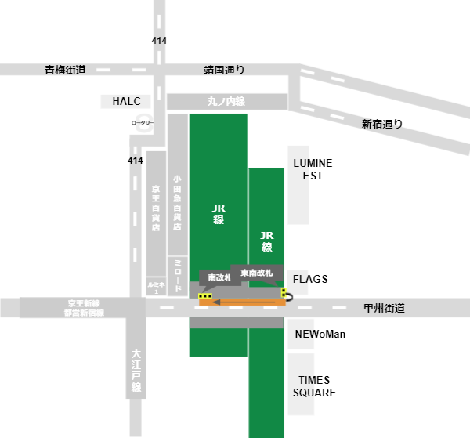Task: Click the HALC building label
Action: (119, 102)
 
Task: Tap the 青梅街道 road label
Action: (65, 70)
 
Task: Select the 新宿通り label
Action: (381, 123)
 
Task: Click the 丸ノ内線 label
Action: (226, 102)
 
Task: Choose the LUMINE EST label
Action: (313, 169)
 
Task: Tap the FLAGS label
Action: (310, 279)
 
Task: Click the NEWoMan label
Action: (320, 335)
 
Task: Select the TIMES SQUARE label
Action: (314, 385)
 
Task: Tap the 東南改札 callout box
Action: (256, 273)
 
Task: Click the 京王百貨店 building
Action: (156, 208)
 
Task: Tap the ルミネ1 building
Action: (155, 287)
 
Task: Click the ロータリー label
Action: (143, 123)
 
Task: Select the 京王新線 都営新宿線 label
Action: (83, 307)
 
